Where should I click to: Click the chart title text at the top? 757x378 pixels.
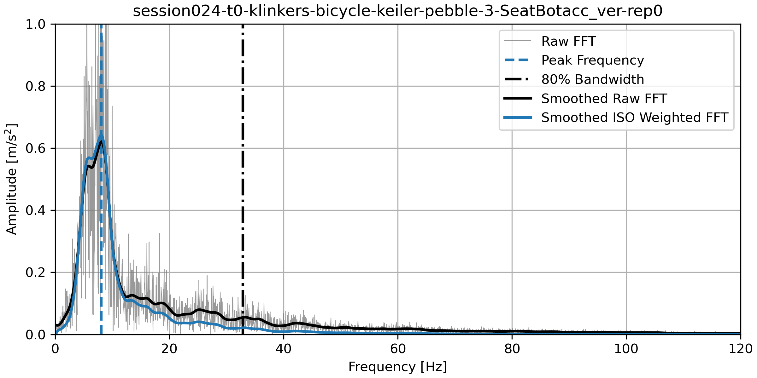click(397, 11)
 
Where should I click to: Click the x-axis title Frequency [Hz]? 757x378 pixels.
click(397, 367)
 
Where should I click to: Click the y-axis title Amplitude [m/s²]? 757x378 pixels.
click(11, 179)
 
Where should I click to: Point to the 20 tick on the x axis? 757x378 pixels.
click(169, 349)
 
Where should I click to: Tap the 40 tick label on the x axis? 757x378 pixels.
click(284, 349)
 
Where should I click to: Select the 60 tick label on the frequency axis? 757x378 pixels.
click(398, 349)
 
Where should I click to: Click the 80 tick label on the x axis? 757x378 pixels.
click(512, 349)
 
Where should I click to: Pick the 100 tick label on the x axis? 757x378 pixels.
click(626, 349)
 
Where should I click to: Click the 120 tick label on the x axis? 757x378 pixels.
click(740, 349)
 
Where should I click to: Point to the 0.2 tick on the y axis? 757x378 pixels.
click(36, 272)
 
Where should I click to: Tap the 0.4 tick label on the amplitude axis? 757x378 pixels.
click(36, 210)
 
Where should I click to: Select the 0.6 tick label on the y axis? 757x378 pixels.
click(36, 148)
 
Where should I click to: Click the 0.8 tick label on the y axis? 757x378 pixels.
click(36, 86)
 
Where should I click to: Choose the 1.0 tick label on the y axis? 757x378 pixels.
click(36, 24)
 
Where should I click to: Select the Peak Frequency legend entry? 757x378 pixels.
click(592, 60)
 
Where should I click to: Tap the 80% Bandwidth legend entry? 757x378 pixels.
click(592, 79)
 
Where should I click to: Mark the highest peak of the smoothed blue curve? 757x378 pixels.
click(101, 136)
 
